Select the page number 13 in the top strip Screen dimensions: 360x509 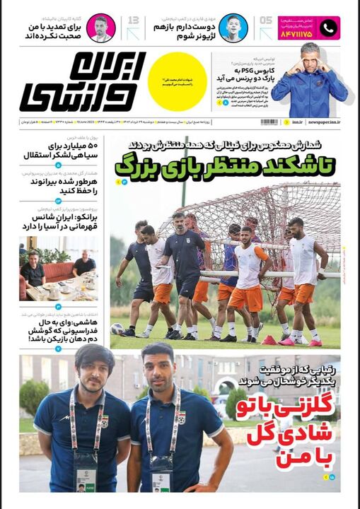click(133, 22)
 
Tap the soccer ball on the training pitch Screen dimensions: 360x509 click(117, 328)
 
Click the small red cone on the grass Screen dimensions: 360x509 click(268, 339)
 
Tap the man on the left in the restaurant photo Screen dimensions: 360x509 click(32, 268)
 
